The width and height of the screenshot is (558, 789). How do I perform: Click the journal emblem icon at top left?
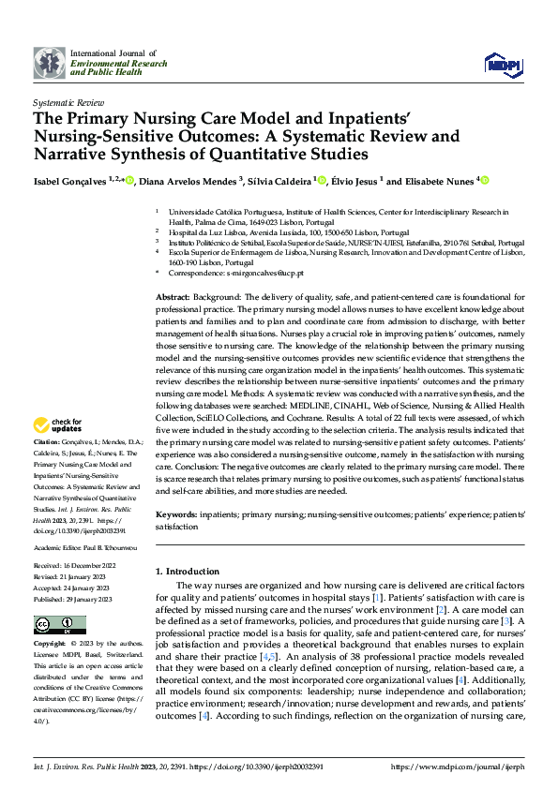click(x=50, y=63)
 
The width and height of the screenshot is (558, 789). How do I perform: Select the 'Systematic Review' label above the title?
click(x=67, y=100)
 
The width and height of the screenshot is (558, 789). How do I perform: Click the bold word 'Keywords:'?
click(x=177, y=515)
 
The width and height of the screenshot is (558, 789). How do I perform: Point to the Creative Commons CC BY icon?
click(x=60, y=625)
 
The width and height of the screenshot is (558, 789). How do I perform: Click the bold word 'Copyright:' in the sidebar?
click(x=51, y=645)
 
